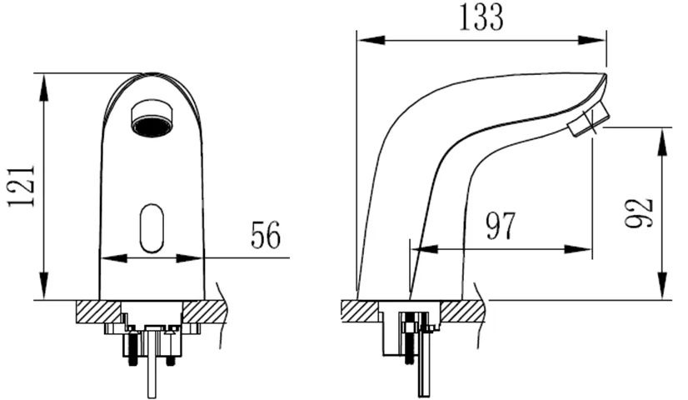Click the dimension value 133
(x=481, y=17)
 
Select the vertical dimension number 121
(x=22, y=185)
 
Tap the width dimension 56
(x=266, y=237)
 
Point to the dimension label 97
(x=501, y=227)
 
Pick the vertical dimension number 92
(x=641, y=213)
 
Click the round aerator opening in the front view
(x=150, y=117)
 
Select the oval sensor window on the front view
(x=151, y=227)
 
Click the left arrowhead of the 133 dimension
(x=364, y=38)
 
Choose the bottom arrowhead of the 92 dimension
(x=663, y=292)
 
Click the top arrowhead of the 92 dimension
(x=663, y=135)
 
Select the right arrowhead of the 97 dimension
(x=586, y=248)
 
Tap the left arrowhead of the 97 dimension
(x=418, y=248)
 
